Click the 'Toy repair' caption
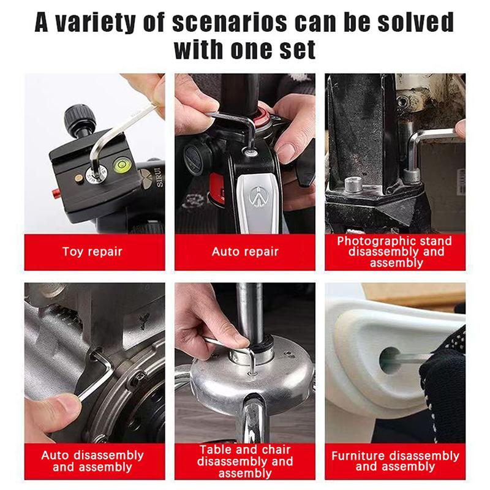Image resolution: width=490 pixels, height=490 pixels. coord(92,252)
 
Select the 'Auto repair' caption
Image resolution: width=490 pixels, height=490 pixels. coord(245,252)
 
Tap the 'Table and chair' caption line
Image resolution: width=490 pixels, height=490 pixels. coord(245,450)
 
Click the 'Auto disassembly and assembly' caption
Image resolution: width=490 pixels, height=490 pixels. coord(92,461)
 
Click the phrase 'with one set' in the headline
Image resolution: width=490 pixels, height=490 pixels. coord(245,49)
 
